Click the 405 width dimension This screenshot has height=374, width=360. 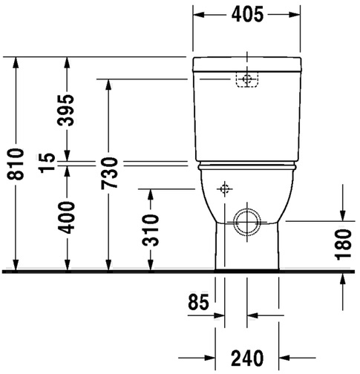[247, 15]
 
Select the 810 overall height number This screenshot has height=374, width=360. [16, 164]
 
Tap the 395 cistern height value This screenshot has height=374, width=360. [65, 110]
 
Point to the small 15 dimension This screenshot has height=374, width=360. [47, 163]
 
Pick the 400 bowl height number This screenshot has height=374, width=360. [66, 217]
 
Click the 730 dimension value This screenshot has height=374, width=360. [109, 173]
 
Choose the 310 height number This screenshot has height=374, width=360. [150, 231]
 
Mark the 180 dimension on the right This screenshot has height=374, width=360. [344, 244]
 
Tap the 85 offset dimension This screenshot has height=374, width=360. [198, 302]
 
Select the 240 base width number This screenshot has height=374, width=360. [247, 358]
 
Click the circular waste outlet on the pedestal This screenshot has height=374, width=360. [248, 222]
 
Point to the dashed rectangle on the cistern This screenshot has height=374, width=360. [247, 79]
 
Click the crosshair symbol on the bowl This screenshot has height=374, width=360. [225, 189]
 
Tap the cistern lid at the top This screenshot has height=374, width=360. [247, 64]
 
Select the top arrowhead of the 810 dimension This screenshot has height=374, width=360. [16, 63]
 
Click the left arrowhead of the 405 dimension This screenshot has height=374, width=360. [199, 15]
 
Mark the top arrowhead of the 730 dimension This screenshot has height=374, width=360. [108, 85]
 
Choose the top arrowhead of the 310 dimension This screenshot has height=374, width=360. [151, 195]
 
